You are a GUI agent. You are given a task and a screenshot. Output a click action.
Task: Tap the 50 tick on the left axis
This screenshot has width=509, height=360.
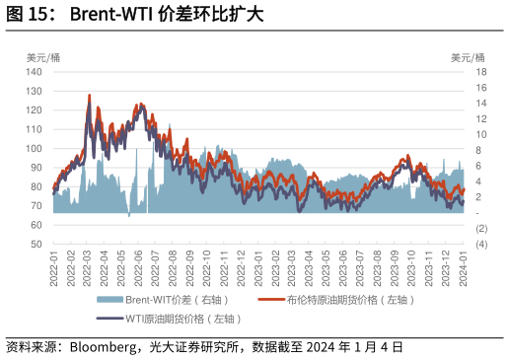pyautogui.click(x=36, y=244)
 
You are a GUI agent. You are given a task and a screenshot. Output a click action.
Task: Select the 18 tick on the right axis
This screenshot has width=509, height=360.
pyautogui.click(x=481, y=72)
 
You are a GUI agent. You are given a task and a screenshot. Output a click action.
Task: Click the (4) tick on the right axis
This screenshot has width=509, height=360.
pyautogui.click(x=481, y=244)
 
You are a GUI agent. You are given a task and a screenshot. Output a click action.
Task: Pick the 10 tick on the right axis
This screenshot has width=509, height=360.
pyautogui.click(x=481, y=134)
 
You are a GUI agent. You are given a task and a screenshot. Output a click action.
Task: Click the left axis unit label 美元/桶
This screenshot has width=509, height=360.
pyautogui.click(x=42, y=57)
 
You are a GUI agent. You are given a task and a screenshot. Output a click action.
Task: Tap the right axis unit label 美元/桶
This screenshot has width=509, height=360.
pyautogui.click(x=468, y=57)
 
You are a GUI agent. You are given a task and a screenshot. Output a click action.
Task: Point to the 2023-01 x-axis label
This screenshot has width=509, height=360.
pyautogui.click(x=259, y=266)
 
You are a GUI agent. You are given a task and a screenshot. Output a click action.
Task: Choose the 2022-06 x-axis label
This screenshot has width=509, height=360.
pyautogui.click(x=140, y=266)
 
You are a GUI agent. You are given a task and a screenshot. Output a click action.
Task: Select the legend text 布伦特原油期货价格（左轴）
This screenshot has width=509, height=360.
pyautogui.click(x=350, y=300)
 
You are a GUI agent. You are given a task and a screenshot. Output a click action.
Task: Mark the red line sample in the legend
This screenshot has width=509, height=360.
pyautogui.click(x=271, y=300)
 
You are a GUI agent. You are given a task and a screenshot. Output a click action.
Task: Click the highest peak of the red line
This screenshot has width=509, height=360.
pyautogui.click(x=90, y=96)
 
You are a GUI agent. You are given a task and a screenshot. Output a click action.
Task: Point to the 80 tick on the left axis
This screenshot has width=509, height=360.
pyautogui.click(x=36, y=186)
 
